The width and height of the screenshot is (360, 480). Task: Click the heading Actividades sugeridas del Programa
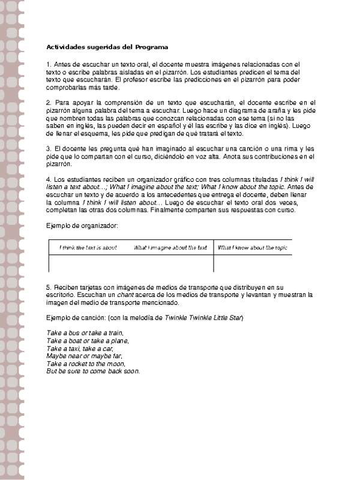click(x=107, y=47)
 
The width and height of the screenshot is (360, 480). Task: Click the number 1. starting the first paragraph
click(x=49, y=64)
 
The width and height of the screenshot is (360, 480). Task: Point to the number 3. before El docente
click(x=49, y=148)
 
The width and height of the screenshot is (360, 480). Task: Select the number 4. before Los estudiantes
click(x=49, y=179)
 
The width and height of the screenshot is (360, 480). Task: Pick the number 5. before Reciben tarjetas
click(x=49, y=287)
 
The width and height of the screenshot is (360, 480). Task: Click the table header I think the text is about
click(x=88, y=247)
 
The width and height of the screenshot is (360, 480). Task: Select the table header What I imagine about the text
click(x=170, y=247)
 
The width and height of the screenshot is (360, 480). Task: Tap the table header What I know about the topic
click(x=253, y=247)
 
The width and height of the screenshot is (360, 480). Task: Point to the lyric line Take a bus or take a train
click(x=85, y=332)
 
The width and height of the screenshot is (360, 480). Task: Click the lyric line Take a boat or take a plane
click(x=87, y=340)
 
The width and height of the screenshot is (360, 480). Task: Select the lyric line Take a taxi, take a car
click(x=79, y=348)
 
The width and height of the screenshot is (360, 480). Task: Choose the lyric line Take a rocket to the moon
click(x=86, y=364)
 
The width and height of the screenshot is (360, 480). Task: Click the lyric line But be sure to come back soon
click(x=92, y=371)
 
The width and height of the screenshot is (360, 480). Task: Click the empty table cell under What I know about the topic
click(x=253, y=263)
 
